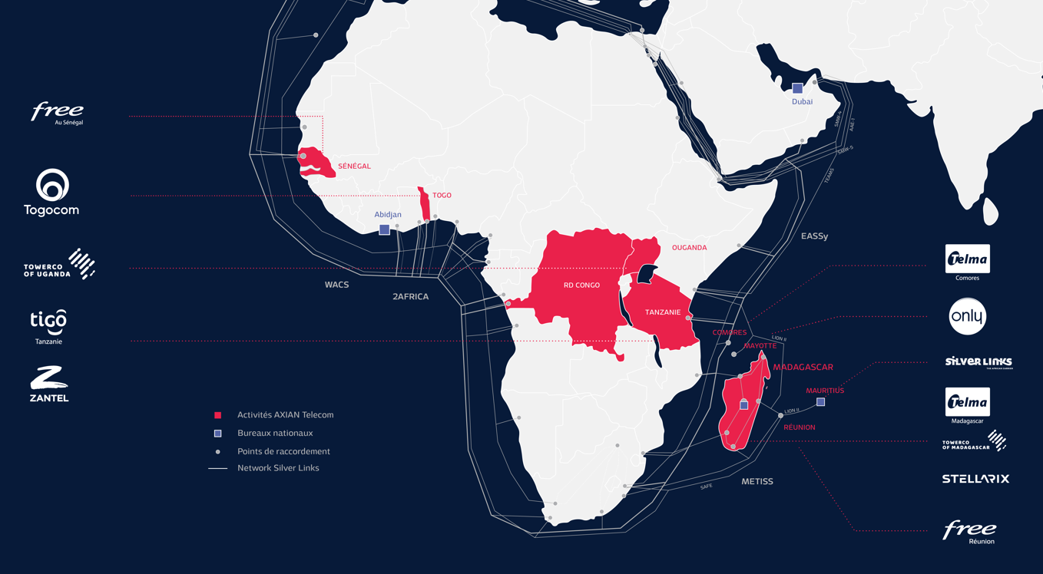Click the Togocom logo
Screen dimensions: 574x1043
tap(51, 193)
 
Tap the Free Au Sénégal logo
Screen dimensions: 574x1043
tap(58, 113)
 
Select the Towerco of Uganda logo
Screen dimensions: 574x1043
tap(60, 264)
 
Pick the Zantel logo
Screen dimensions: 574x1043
tap(49, 384)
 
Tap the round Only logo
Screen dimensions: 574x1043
tap(967, 316)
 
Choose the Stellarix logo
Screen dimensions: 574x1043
tap(975, 479)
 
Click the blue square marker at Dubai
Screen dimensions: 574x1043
tap(797, 88)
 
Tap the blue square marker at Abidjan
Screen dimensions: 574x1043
tap(384, 229)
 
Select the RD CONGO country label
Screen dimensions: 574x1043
tap(581, 285)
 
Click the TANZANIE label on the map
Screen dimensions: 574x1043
tap(663, 312)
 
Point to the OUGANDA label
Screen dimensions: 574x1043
tap(689, 248)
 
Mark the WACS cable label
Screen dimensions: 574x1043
tap(336, 285)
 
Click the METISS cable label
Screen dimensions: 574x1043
tap(757, 482)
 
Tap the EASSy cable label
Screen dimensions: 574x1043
tap(814, 236)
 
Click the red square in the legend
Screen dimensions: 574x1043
tap(218, 415)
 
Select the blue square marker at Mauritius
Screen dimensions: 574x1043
tap(820, 402)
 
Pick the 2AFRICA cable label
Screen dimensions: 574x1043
tap(410, 296)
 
